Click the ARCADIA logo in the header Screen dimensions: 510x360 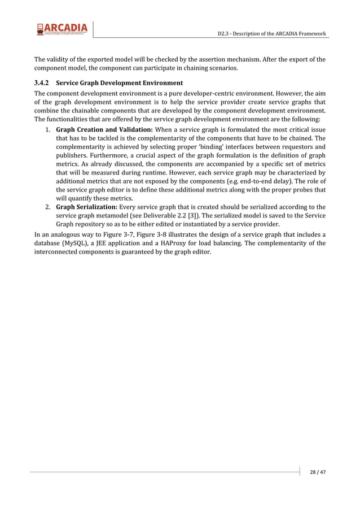(x=62, y=28)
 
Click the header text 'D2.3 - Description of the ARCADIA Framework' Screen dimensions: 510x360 (x=271, y=34)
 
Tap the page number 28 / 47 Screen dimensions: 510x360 (x=317, y=472)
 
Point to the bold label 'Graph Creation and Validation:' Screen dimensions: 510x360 (x=104, y=130)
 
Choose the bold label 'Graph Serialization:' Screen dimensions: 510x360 (x=86, y=207)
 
